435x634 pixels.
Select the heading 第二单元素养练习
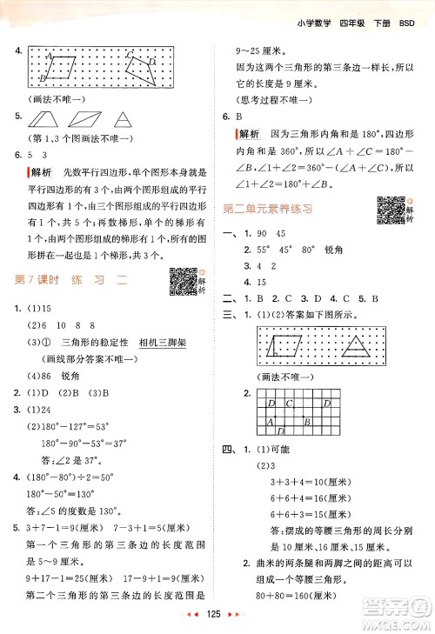tap(269, 209)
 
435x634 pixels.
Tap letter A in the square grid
tap(269, 422)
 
